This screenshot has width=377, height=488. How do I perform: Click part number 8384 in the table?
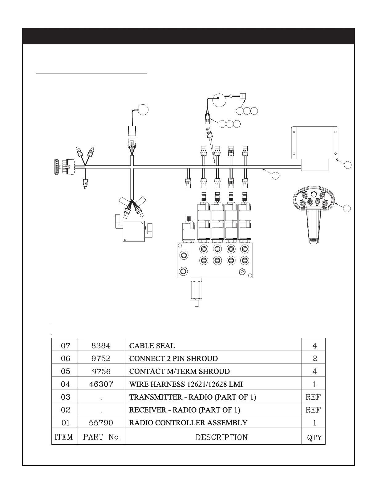101,346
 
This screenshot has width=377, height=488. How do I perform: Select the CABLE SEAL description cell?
152,346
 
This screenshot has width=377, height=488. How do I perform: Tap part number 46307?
101,384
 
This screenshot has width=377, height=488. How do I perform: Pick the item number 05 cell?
66,371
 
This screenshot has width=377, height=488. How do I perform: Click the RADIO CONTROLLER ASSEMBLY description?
188,422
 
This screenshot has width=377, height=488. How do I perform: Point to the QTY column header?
314,437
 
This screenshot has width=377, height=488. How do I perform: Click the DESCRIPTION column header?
221,437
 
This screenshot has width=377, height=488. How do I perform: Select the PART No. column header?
101,437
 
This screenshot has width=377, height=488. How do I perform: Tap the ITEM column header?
64,437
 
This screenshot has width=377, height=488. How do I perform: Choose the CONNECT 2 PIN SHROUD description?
173,359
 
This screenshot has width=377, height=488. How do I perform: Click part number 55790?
101,423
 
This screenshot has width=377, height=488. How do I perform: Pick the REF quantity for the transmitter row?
313,397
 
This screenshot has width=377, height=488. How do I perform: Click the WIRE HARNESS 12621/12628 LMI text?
186,384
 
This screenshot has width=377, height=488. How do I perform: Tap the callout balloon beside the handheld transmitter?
347,208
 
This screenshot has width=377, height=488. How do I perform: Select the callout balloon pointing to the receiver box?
347,165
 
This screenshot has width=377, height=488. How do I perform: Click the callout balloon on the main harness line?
275,175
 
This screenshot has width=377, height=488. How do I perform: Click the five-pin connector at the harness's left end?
56,167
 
